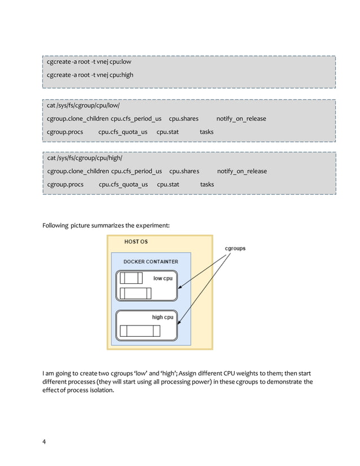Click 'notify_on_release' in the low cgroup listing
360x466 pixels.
coord(242,118)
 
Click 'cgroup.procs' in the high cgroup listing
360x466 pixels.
coord(65,184)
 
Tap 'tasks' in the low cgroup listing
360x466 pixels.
coord(207,131)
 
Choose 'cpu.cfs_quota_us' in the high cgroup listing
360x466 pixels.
coord(123,184)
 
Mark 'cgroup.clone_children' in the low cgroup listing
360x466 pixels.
coord(78,118)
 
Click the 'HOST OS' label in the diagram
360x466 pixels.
coord(136,241)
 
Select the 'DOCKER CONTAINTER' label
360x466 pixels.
coord(151,262)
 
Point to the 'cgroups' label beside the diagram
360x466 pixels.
coord(235,248)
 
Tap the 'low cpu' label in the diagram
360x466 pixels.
coord(163,278)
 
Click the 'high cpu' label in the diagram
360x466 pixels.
coord(163,317)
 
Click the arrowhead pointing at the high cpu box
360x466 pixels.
coord(179,324)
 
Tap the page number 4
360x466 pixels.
coord(45,441)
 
